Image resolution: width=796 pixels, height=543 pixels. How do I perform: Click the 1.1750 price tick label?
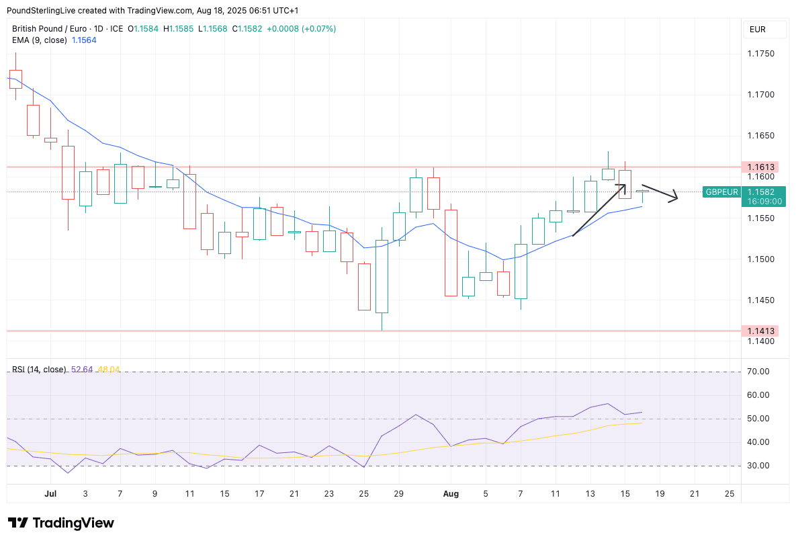(761, 54)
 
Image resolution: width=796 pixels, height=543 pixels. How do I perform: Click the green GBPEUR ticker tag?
(721, 192)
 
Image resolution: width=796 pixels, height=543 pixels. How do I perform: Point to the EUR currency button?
(757, 30)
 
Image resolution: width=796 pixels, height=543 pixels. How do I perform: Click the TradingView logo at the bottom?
(61, 523)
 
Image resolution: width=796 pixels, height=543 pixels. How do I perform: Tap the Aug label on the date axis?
(451, 494)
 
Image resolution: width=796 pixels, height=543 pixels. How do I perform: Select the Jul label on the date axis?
(50, 494)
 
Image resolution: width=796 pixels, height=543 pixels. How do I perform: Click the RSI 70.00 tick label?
(760, 372)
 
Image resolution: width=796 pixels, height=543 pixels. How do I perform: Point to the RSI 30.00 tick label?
(760, 466)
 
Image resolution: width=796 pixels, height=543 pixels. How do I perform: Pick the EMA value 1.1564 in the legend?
(84, 40)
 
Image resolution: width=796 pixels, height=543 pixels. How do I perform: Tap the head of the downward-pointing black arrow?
(675, 198)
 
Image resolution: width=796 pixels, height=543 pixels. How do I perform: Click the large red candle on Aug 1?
(451, 253)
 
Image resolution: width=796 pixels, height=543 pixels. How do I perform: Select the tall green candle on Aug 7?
(521, 271)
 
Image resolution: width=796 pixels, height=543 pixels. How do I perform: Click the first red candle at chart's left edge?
(15, 79)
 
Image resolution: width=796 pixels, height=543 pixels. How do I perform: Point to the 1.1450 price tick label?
(761, 300)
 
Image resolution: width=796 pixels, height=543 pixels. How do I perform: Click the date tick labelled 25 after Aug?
(729, 494)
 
